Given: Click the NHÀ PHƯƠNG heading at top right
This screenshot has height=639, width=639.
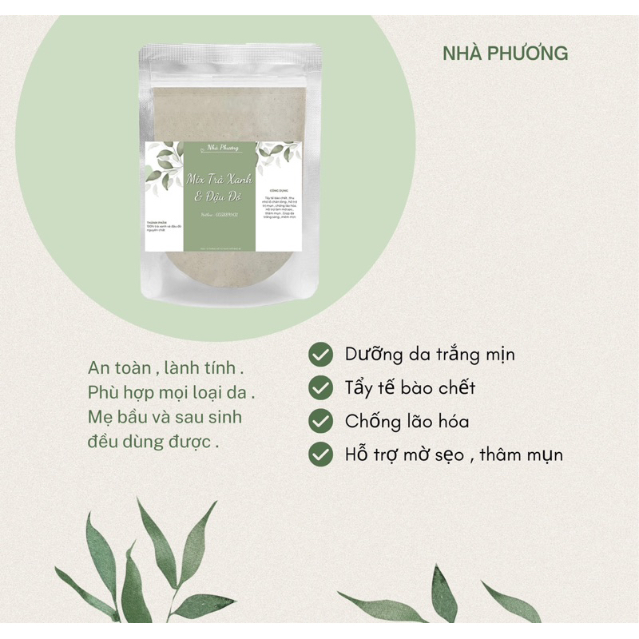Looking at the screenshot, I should (x=506, y=54).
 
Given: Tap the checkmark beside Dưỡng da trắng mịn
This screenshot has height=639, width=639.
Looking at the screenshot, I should (x=321, y=354).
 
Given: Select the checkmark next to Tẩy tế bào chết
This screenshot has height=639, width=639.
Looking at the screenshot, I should (x=321, y=388).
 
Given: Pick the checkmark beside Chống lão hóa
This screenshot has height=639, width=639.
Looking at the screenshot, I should (x=321, y=421).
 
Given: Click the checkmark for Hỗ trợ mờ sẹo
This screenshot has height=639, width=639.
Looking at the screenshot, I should (x=321, y=454).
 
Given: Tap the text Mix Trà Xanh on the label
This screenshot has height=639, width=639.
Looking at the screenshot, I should (x=218, y=177).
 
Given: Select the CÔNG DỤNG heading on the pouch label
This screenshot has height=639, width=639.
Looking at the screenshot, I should (x=279, y=192).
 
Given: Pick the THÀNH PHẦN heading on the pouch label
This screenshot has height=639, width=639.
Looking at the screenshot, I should (x=157, y=223).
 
